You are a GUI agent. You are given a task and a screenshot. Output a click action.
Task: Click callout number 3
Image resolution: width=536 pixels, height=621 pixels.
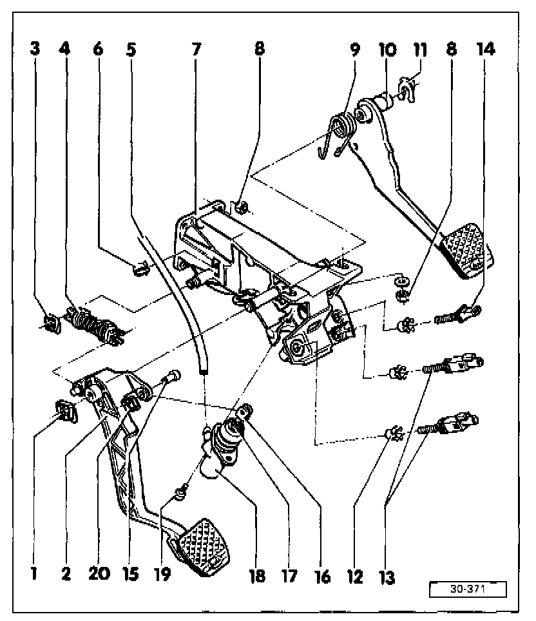click(x=35, y=49)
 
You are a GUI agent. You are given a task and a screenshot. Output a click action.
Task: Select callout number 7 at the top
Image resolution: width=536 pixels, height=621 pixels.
click(x=196, y=49)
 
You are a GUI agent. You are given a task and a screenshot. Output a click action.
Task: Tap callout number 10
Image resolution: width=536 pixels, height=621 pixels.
click(x=388, y=49)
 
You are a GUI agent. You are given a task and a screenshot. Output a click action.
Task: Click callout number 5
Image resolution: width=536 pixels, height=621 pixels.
click(x=131, y=49)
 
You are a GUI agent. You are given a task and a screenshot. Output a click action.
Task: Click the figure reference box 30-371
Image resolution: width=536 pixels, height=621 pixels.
click(x=468, y=589)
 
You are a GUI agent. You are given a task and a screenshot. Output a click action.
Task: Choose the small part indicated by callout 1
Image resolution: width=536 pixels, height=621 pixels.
click(x=66, y=410)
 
